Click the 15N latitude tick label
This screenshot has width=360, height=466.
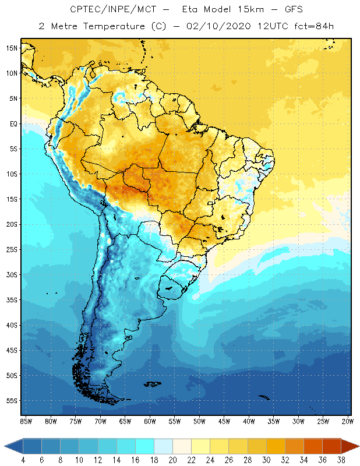12,48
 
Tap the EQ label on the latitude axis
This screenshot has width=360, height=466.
13,123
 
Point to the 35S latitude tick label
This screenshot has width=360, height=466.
12,299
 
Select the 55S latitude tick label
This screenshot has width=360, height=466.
12,400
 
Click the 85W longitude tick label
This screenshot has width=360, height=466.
26,421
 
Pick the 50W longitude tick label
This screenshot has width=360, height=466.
199,421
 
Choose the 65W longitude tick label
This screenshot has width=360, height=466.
125,421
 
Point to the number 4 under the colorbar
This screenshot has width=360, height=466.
23,460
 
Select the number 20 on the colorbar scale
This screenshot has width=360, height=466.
172,460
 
